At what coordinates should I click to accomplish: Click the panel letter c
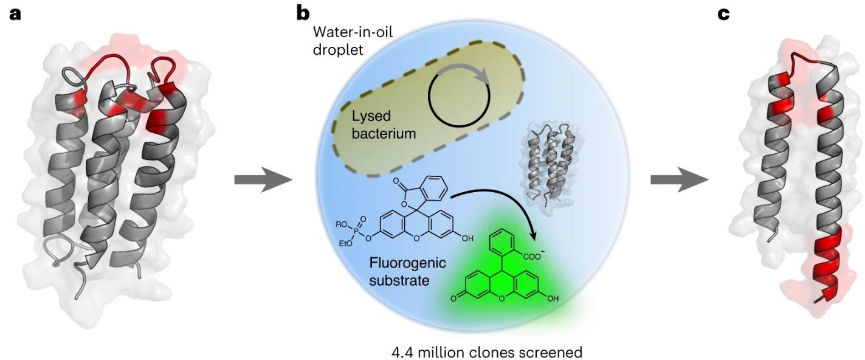click(723, 13)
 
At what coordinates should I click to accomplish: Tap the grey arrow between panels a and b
click(263, 180)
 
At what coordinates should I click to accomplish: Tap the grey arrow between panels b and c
click(679, 180)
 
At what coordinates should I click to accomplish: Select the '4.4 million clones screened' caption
click(488, 351)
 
